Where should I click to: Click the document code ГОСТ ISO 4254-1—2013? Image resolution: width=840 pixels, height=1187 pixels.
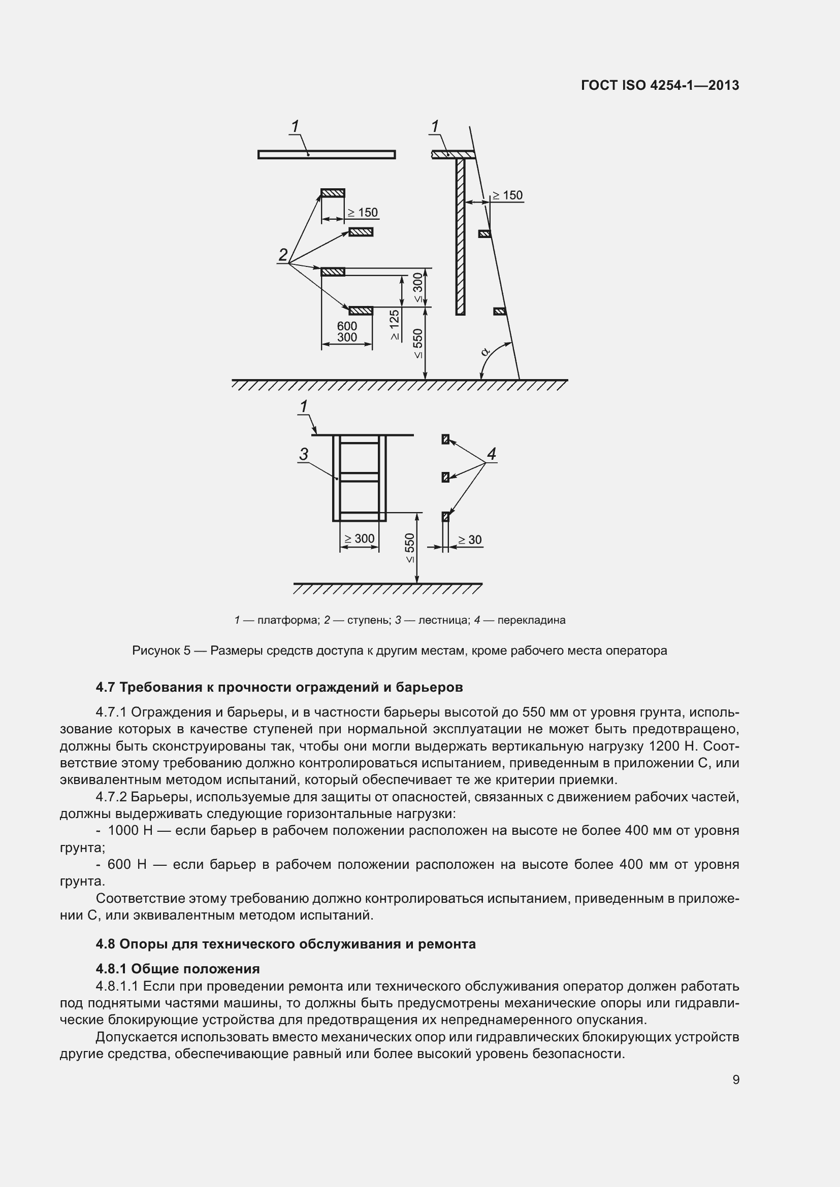tap(660, 85)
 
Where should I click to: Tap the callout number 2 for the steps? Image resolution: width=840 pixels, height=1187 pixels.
tap(283, 255)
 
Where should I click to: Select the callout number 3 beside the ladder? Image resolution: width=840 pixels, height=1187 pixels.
tap(304, 454)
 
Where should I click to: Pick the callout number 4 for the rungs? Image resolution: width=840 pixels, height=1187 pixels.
tap(492, 454)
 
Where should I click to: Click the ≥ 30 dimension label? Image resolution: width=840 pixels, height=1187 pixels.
tap(470, 540)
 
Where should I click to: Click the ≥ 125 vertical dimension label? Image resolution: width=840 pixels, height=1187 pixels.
tap(395, 325)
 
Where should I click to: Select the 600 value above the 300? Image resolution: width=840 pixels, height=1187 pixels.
tap(346, 326)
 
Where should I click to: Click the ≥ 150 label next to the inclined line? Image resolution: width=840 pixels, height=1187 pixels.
tap(507, 195)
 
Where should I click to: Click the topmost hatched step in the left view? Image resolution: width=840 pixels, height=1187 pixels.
tap(333, 193)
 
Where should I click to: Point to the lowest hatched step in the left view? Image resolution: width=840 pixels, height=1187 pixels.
tap(361, 311)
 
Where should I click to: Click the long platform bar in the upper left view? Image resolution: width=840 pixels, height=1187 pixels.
tap(327, 154)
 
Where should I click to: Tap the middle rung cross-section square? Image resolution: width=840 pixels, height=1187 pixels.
tap(445, 477)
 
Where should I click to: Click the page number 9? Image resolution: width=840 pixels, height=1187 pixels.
tap(736, 1079)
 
